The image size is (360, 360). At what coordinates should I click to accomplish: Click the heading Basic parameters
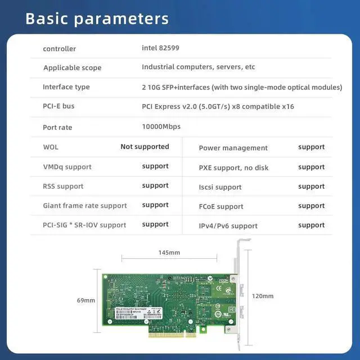(x=97, y=18)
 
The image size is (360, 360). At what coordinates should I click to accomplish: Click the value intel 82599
(x=161, y=48)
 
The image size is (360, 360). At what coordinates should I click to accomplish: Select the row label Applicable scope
(x=73, y=68)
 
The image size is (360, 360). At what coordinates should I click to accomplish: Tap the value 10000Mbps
(x=161, y=127)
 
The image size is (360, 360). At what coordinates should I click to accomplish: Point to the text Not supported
(x=145, y=147)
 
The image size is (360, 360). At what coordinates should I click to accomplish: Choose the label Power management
(x=233, y=148)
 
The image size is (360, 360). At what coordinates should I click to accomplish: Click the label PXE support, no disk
(x=233, y=168)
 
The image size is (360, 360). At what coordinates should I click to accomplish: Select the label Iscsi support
(x=220, y=187)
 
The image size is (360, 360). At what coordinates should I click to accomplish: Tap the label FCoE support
(x=221, y=207)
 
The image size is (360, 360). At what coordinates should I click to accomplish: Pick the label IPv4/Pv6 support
(x=228, y=226)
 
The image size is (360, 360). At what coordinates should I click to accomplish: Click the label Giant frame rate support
(x=85, y=206)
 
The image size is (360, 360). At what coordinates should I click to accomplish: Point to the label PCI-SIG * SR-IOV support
(x=84, y=225)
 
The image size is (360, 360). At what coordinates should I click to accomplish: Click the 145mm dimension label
(x=169, y=253)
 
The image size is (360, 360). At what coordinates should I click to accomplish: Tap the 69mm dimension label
(x=86, y=300)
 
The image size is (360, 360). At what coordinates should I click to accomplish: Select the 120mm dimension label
(x=262, y=296)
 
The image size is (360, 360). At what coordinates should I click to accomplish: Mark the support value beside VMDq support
(x=155, y=166)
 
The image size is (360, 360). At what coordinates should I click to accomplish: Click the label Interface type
(x=66, y=87)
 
